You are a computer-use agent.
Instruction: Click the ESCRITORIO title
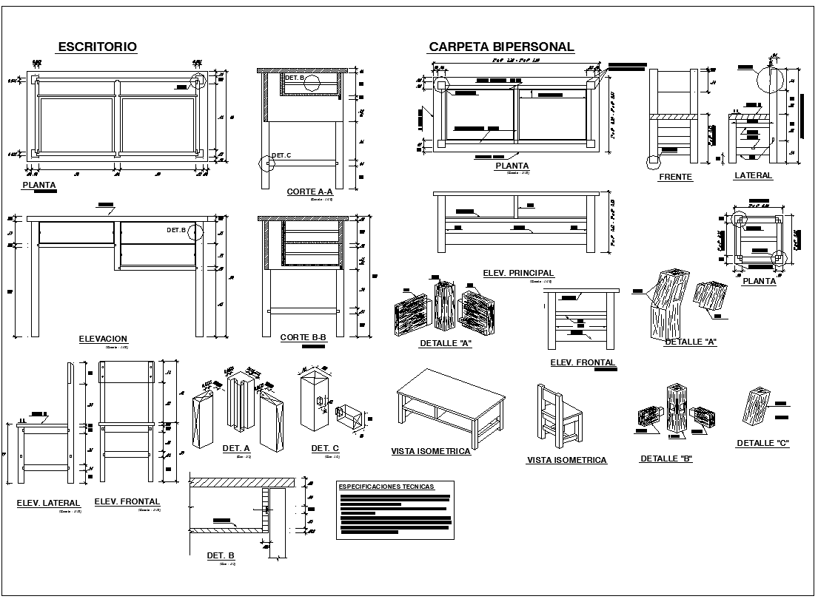97,47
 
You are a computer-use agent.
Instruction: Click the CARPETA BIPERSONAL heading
501,47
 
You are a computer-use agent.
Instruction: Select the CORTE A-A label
310,192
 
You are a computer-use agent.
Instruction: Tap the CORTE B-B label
304,337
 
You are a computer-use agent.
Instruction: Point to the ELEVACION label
103,339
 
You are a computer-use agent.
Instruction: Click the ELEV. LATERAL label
48,503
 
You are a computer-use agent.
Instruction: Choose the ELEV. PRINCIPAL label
518,273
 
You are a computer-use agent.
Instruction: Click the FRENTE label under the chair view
675,177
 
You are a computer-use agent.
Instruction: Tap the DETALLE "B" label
666,458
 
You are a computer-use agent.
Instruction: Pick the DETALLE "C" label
762,443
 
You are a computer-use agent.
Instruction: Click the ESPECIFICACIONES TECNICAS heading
386,487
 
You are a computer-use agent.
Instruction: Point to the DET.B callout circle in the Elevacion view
195,231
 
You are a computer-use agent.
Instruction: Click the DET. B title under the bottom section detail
221,555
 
